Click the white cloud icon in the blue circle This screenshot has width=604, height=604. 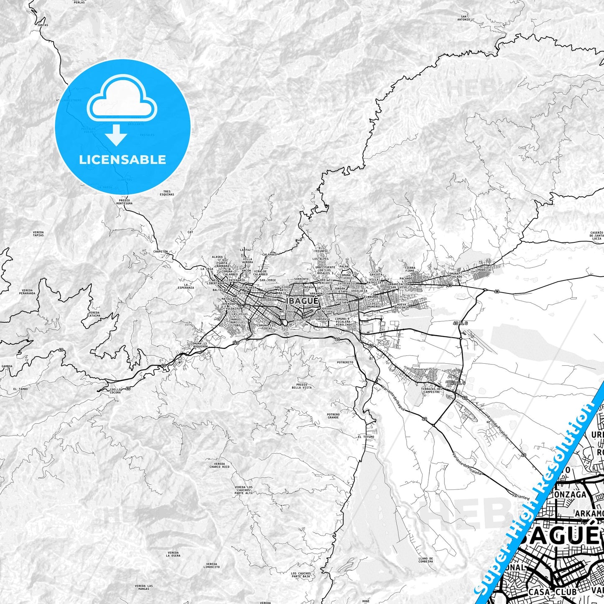tap(122, 99)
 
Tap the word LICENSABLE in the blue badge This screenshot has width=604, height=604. tap(122, 159)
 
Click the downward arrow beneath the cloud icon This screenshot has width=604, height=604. tap(116, 136)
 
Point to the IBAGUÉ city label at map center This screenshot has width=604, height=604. tap(302, 301)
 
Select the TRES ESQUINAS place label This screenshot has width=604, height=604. tap(167, 193)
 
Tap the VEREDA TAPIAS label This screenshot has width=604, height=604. tap(38, 234)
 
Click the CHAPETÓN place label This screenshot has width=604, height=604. tap(161, 252)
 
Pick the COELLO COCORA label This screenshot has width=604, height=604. tap(115, 391)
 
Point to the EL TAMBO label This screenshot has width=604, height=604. tap(20, 389)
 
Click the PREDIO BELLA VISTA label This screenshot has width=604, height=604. tap(301, 386)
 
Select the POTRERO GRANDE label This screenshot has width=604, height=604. tap(333, 416)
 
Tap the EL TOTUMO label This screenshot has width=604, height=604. tap(366, 437)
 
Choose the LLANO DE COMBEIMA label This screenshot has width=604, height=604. tap(426, 560)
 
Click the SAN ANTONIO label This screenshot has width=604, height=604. tap(463, 18)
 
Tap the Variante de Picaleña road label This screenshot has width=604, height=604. tap(466, 464)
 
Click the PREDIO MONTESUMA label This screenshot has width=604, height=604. tap(125, 202)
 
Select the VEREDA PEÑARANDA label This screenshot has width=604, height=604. tap(27, 291)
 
